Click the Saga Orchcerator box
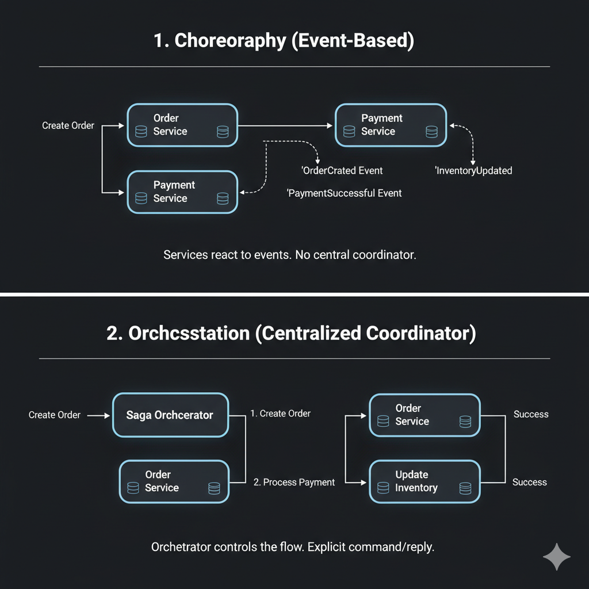click(170, 415)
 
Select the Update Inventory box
click(424, 481)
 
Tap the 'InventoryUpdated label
click(474, 170)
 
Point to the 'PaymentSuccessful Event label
click(345, 193)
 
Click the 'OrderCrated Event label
click(342, 170)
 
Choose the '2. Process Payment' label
click(294, 482)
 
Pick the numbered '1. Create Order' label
click(281, 414)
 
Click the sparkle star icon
click(557, 557)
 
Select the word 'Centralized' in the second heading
click(307, 334)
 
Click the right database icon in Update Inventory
click(465, 488)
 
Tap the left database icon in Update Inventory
click(383, 488)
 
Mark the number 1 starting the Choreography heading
click(159, 41)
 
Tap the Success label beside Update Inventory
click(529, 482)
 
